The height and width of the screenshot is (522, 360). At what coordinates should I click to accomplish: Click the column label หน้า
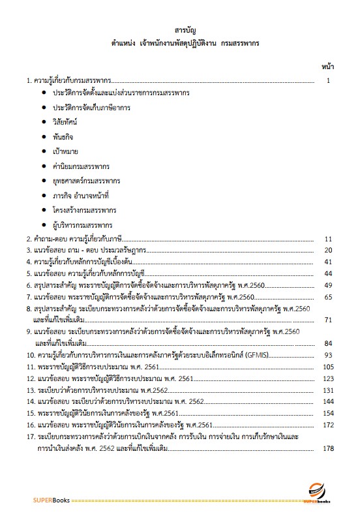(x=328, y=67)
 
